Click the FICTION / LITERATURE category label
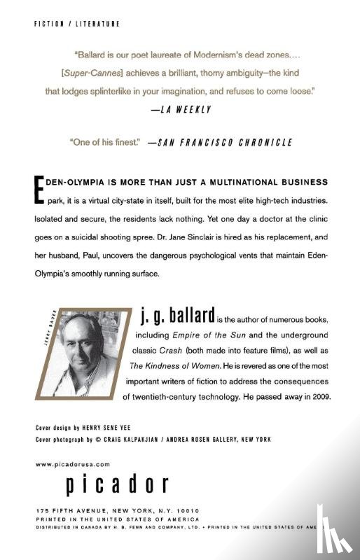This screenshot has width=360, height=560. (x=77, y=23)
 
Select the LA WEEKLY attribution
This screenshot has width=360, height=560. (x=181, y=110)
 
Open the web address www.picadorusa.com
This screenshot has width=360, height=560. (x=73, y=463)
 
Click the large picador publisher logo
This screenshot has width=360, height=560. (x=118, y=484)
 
